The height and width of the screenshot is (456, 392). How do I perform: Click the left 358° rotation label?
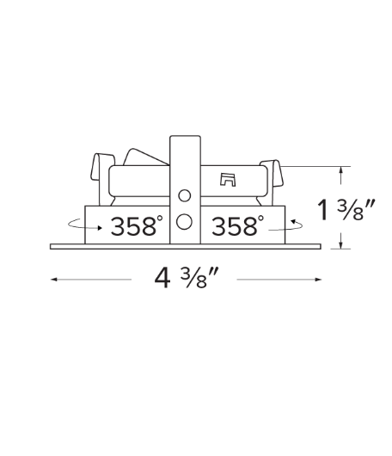136,226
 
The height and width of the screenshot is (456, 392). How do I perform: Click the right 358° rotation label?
237,225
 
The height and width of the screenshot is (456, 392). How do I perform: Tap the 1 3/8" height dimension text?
346,209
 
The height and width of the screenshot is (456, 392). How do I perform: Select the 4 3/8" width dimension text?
185,278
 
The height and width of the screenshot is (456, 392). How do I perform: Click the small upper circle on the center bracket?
185,195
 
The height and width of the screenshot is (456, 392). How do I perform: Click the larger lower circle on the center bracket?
184,222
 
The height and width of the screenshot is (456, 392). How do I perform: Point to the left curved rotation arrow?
84,225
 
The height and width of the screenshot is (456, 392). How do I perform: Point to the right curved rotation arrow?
286,225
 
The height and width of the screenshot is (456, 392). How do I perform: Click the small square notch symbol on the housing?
228,180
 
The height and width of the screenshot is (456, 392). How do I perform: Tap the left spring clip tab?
102,167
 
